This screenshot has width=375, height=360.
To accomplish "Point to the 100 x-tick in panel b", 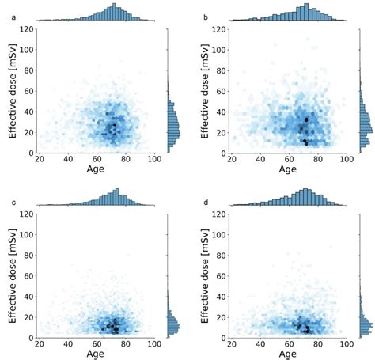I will pos(346,158).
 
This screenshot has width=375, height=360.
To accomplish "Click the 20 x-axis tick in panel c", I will pos(39,346).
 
